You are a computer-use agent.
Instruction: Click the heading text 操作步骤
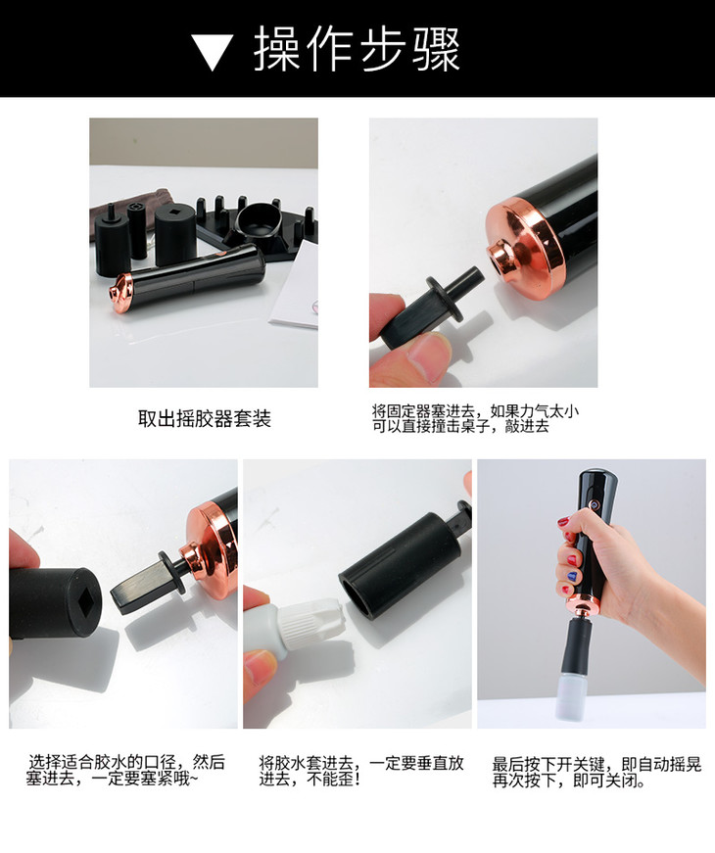pos(357,50)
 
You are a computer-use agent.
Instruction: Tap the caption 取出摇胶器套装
pos(205,419)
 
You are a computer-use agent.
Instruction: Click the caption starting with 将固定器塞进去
pos(475,418)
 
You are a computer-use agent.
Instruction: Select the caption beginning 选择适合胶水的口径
pos(125,771)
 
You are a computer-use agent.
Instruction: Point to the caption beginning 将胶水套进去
pos(361,771)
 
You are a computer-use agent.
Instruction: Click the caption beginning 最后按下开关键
pos(596,773)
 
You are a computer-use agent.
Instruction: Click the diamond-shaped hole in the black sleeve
pos(87,600)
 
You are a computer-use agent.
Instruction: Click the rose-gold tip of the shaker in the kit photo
pos(120,292)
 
